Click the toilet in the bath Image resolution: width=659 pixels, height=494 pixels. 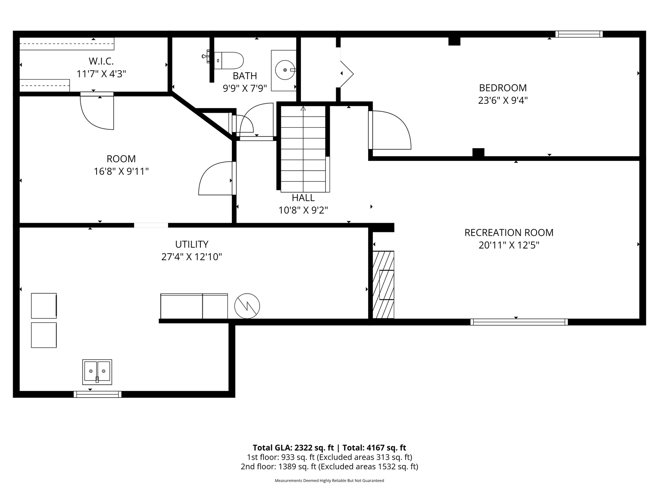coord(229,61)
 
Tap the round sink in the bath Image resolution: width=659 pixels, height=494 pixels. coord(285,70)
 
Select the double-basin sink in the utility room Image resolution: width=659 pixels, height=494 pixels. coord(97,372)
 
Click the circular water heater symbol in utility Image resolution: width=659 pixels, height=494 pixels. coord(247,306)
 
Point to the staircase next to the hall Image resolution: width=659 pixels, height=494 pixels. coord(303,149)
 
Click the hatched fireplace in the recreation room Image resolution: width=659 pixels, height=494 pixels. coord(383,285)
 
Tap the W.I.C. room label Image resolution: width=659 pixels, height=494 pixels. coord(101,61)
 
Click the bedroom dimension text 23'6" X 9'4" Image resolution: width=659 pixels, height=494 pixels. coord(503,100)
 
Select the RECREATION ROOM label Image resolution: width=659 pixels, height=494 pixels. coord(509,233)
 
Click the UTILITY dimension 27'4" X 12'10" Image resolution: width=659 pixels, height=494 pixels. coord(192,257)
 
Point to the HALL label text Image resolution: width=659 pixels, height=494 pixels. coord(303,198)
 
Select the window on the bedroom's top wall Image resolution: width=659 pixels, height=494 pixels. coord(579,34)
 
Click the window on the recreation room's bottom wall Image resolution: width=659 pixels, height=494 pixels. coord(519,322)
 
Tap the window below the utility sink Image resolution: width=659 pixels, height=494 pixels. coord(97,394)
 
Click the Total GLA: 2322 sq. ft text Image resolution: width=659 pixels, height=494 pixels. coord(293,448)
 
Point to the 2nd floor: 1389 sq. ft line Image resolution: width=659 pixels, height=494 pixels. coord(329,467)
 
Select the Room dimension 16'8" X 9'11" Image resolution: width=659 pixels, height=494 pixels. coord(121,171)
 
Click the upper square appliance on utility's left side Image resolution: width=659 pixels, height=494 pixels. coord(44,306)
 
